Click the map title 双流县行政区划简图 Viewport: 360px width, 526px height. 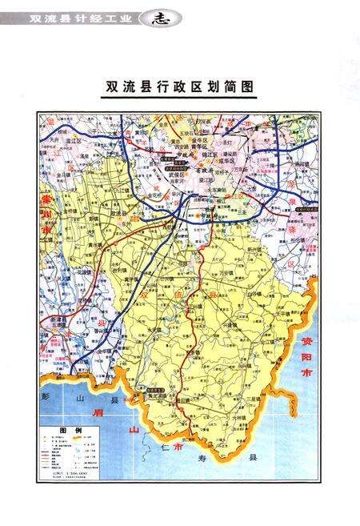click(178, 86)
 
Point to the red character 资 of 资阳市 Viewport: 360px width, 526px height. click(306, 342)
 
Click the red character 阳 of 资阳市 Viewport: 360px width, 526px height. click(306, 358)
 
